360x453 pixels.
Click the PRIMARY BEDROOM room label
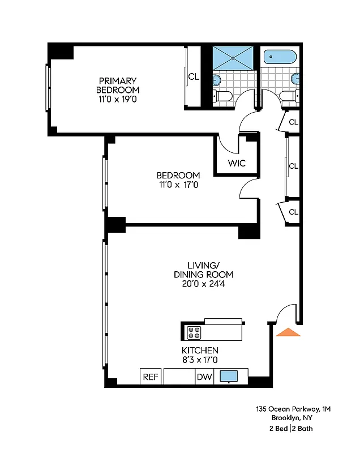click(117, 85)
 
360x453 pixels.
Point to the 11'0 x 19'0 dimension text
click(117, 99)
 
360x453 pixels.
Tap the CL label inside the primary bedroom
click(194, 77)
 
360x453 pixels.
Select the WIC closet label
click(236, 164)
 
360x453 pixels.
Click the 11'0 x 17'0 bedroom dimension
click(178, 184)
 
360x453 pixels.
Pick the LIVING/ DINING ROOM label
click(203, 270)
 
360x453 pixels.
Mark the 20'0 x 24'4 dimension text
click(203, 284)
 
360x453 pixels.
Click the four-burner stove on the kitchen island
click(194, 332)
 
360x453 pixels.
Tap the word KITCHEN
click(200, 351)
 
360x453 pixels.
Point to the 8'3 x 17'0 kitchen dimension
click(200, 360)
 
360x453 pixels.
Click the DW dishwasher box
click(204, 377)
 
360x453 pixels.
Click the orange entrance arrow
click(288, 332)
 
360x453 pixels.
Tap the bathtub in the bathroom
click(280, 57)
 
